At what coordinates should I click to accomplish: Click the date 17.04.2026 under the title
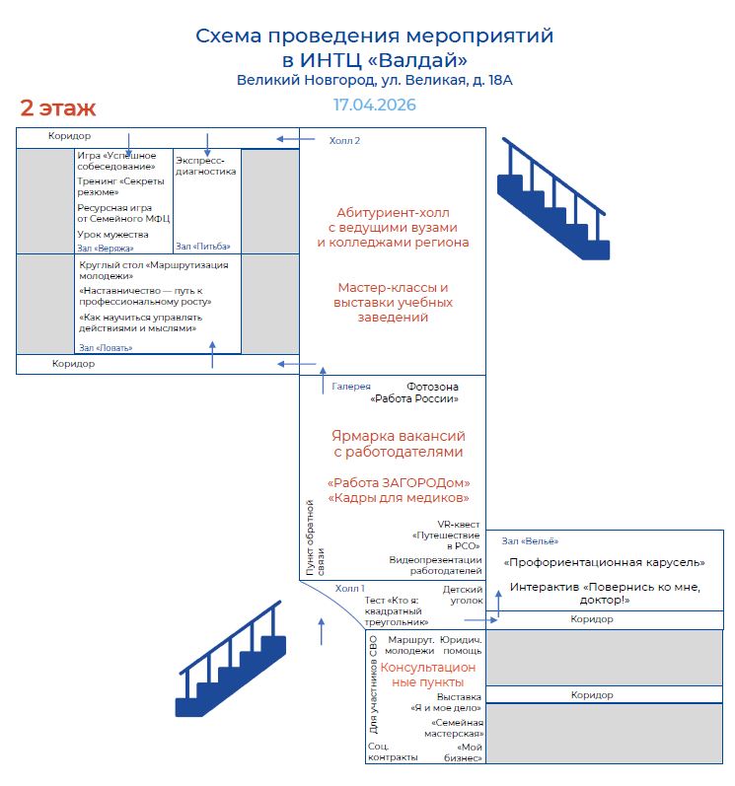click(374, 105)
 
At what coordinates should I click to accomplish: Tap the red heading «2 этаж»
click(57, 107)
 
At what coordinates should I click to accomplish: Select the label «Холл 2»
click(344, 141)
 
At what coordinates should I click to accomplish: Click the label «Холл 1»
click(350, 588)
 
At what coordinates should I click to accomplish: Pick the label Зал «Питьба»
click(197, 246)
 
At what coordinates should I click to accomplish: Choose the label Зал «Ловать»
click(105, 347)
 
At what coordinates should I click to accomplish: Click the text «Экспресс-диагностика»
click(205, 165)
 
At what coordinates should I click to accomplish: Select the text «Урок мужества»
click(112, 235)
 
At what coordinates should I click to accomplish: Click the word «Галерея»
click(351, 387)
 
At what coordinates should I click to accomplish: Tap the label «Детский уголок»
click(462, 594)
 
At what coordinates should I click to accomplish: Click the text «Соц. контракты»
click(392, 751)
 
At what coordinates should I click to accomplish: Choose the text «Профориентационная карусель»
click(604, 562)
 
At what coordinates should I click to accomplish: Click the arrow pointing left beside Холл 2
click(288, 139)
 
